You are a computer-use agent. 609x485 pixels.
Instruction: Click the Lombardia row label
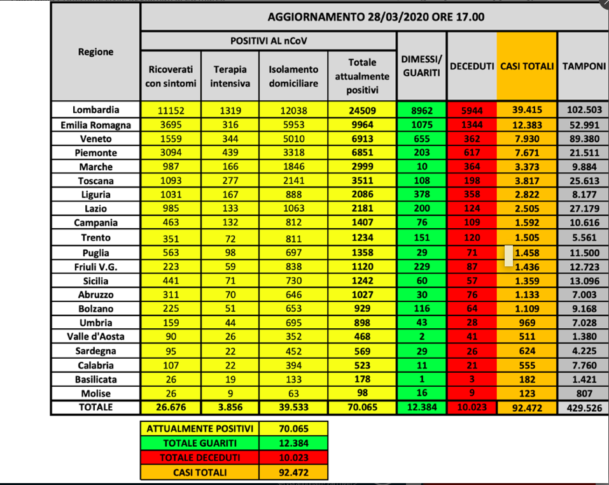click(95, 110)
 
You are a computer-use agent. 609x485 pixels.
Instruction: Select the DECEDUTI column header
click(472, 66)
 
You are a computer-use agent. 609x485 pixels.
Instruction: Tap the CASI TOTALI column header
click(527, 66)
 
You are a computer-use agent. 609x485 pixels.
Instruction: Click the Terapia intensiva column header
click(230, 76)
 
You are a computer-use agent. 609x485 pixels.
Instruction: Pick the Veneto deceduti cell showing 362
click(472, 138)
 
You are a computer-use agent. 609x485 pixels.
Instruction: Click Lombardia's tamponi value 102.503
click(584, 110)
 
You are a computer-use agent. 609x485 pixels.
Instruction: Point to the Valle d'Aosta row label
click(95, 337)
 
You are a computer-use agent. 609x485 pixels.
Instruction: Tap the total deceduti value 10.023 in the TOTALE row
click(472, 407)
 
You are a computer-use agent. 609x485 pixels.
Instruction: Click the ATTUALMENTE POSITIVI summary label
click(200, 429)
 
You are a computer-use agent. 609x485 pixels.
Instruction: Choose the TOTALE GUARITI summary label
click(200, 443)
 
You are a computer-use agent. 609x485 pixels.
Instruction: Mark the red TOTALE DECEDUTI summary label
click(200, 458)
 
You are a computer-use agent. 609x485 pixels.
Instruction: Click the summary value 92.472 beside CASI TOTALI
click(293, 472)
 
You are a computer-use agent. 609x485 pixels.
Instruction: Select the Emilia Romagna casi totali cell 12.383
click(527, 124)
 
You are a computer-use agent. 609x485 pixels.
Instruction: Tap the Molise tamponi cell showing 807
click(584, 393)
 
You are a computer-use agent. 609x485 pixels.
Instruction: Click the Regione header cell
click(95, 52)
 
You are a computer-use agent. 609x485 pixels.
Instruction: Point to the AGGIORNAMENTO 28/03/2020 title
click(375, 16)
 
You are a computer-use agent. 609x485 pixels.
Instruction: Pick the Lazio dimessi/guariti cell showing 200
click(421, 208)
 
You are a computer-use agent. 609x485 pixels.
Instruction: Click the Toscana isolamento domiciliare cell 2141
click(293, 180)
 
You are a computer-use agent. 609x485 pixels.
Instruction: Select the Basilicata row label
click(95, 379)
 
